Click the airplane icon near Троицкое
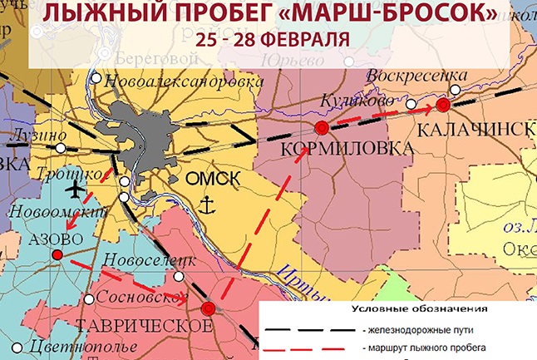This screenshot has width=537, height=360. coord(76,190)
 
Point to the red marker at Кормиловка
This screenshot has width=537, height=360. coord(322,127)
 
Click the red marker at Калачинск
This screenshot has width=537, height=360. coord(443,105)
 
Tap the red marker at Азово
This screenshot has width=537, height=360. coord(57,255)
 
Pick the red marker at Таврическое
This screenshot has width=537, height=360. coord(209,308)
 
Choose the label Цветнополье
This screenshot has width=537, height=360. coord(68,346)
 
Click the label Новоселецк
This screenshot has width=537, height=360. coord(147,260)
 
